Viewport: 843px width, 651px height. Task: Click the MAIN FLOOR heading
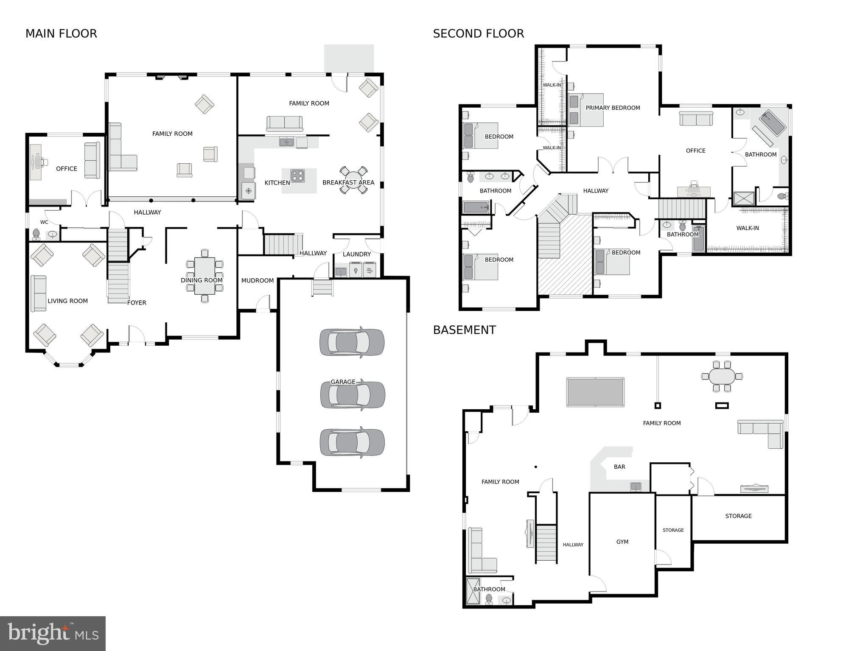(61, 34)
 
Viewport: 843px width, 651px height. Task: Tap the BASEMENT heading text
(464, 330)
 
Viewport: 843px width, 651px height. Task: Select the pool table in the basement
(595, 392)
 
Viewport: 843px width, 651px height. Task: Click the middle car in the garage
(353, 395)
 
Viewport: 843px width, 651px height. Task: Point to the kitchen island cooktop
(297, 176)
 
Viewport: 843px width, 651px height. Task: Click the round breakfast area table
(353, 180)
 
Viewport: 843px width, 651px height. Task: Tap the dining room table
(204, 276)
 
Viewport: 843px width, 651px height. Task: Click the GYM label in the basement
(622, 542)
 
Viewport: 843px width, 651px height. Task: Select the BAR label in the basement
(619, 467)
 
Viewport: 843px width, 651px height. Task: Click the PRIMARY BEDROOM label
(613, 108)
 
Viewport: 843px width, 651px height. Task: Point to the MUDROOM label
(257, 280)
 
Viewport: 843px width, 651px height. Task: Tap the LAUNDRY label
(356, 254)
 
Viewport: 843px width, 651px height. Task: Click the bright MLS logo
(53, 633)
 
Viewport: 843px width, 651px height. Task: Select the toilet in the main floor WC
(36, 234)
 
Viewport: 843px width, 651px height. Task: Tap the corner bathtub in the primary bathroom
(772, 123)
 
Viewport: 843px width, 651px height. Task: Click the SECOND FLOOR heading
(478, 34)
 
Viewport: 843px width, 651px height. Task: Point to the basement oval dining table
(722, 376)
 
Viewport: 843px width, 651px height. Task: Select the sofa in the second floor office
(696, 119)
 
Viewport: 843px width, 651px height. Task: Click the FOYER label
(137, 302)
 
